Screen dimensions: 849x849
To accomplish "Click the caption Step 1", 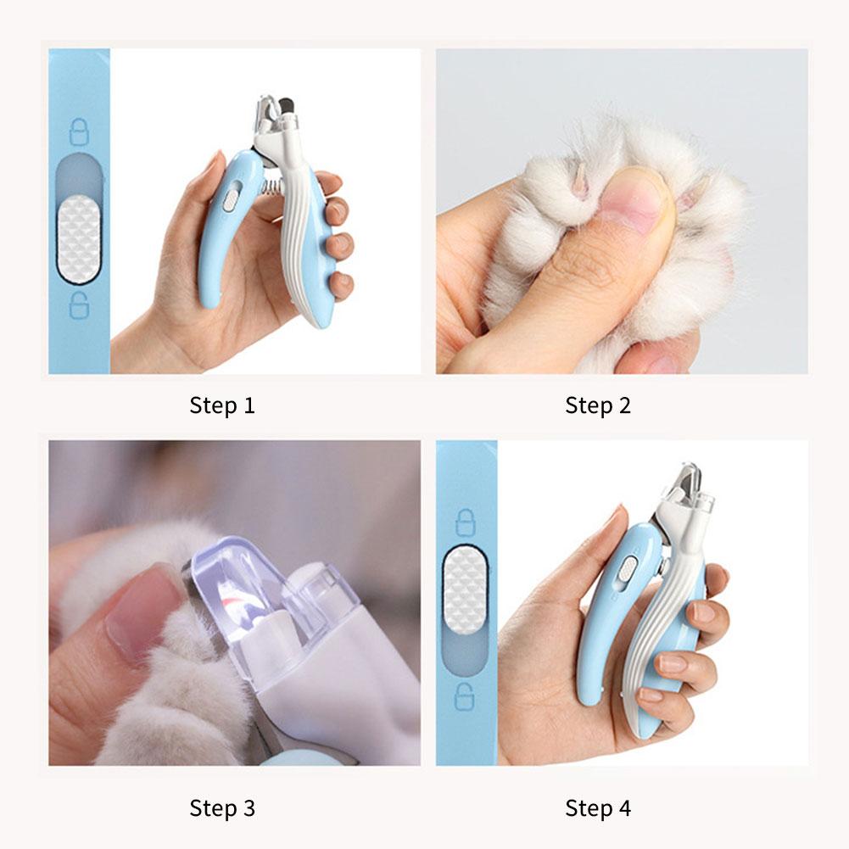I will pos(222,405).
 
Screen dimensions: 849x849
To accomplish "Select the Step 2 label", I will pos(598,405).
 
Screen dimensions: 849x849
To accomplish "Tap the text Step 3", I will pos(222,808).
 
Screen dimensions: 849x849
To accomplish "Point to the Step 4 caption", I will pos(598,808).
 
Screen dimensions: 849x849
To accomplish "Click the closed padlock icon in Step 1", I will pos(78,131).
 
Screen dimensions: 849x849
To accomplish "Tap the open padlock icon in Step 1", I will pos(78,304).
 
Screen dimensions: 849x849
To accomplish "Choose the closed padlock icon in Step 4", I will pos(466,522).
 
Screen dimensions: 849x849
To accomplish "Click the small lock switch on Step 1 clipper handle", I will pos(230,199).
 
